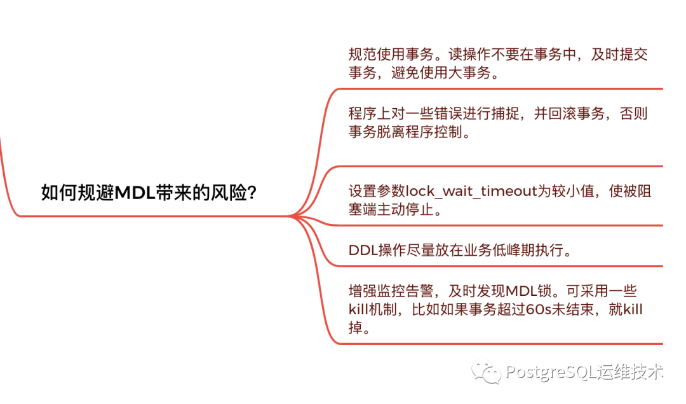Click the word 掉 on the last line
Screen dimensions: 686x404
[356, 328]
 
